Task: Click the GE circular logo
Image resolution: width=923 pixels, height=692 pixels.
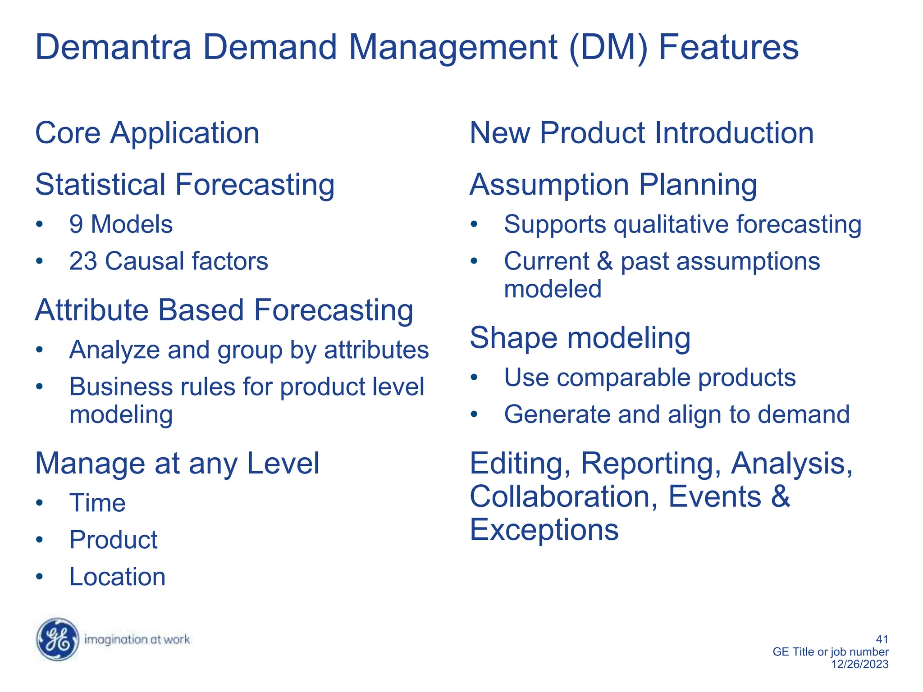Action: point(57,639)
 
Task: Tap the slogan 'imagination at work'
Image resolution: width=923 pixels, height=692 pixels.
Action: point(137,639)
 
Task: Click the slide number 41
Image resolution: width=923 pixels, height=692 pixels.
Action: point(882,639)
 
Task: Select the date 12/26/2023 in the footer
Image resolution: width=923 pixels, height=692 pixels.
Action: point(859,664)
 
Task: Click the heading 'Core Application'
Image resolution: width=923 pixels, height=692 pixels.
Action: point(147,133)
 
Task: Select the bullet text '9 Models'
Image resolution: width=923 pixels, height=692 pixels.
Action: point(121,224)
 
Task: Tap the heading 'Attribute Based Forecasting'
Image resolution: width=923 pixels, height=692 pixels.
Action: point(224,310)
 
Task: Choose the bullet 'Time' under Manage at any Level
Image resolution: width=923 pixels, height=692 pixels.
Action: point(97,503)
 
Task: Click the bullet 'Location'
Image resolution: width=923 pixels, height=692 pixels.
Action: point(117,577)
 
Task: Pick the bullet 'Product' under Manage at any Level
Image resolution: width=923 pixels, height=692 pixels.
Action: point(113,540)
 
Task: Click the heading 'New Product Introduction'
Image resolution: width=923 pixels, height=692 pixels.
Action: point(641,133)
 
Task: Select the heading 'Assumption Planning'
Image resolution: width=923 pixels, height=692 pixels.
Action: point(613,185)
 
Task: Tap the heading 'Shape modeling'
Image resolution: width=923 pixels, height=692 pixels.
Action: point(580,337)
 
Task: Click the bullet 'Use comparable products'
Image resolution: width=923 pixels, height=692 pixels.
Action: point(649,378)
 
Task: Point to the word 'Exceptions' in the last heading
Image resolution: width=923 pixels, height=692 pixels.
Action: point(544,529)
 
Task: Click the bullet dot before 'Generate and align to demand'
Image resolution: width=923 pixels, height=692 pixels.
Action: point(474,414)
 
